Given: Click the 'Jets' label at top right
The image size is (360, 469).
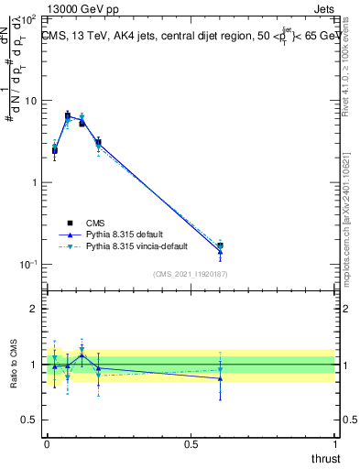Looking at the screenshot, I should [x=324, y=7].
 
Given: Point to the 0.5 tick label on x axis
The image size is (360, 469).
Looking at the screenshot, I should [x=191, y=444].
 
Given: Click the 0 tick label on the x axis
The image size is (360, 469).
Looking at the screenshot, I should [x=47, y=444].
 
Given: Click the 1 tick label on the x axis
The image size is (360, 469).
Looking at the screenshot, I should [x=336, y=444].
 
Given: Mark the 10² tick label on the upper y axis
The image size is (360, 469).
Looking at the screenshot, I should [x=27, y=19].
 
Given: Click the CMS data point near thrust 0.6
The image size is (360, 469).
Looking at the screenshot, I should [x=220, y=245].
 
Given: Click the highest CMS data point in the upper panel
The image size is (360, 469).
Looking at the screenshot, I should [x=68, y=115].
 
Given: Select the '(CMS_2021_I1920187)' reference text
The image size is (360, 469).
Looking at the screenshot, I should [x=191, y=273].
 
